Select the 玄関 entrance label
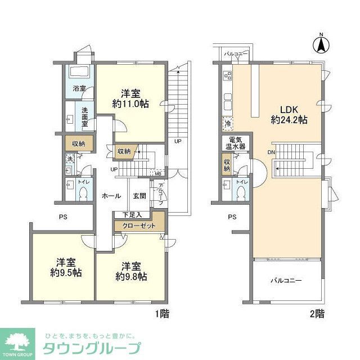click(139, 196)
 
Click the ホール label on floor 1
click(111, 196)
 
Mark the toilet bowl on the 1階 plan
click(83, 193)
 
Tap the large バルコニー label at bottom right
click(286, 280)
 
